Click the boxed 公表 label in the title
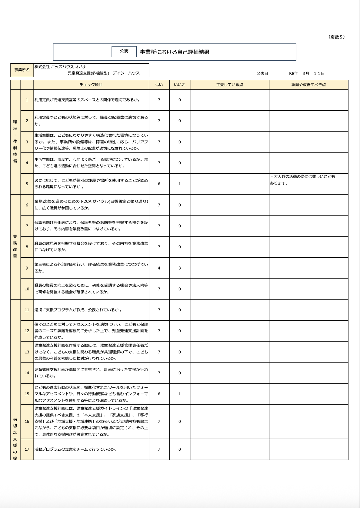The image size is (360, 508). click(124, 52)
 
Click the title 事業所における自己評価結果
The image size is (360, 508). click(175, 52)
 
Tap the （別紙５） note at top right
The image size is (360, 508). click(336, 37)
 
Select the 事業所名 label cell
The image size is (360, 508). click(22, 70)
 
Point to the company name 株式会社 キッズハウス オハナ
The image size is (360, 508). click(61, 67)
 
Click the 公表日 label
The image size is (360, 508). click(262, 73)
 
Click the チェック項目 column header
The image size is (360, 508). click(91, 85)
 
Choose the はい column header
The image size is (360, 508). click(159, 85)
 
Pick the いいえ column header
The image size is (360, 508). click(179, 85)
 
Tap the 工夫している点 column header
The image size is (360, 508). click(229, 85)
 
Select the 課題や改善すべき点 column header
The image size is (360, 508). click(308, 85)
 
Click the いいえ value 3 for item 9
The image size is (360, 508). click(179, 268)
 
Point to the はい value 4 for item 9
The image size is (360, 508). click(159, 268)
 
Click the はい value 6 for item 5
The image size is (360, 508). click(159, 184)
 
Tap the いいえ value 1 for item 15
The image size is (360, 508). click(179, 394)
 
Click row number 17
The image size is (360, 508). click(27, 449)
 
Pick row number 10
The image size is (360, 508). click(27, 289)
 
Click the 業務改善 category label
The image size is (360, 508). click(15, 246)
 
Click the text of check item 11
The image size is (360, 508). click(78, 310)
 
